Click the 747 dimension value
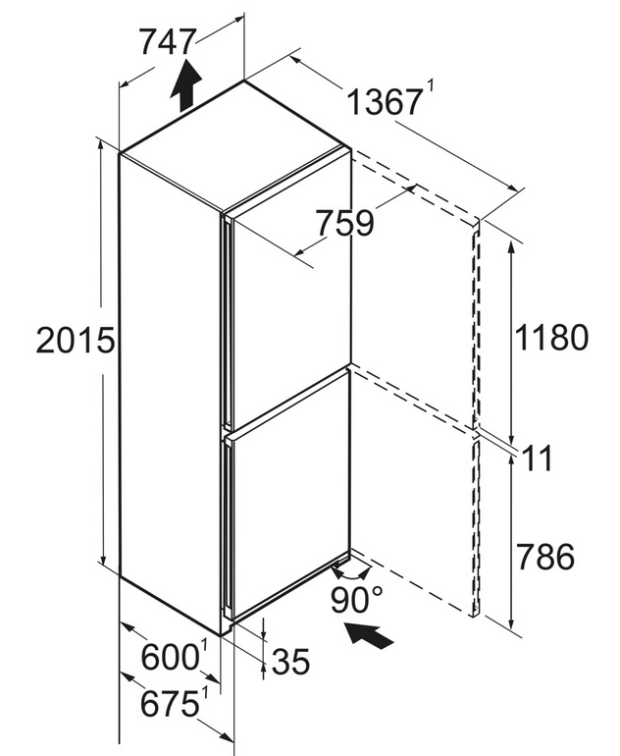click(x=168, y=42)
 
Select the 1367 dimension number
click(x=384, y=102)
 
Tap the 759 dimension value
click(x=344, y=223)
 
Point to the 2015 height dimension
click(x=76, y=340)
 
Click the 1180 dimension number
click(x=552, y=337)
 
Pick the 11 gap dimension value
click(x=539, y=459)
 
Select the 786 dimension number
click(x=545, y=557)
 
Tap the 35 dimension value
click(x=291, y=662)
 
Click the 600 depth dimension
click(x=170, y=657)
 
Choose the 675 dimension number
click(x=170, y=703)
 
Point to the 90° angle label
click(x=356, y=599)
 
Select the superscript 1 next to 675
click(x=206, y=693)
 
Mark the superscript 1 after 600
click(x=205, y=647)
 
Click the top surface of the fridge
click(x=235, y=147)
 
